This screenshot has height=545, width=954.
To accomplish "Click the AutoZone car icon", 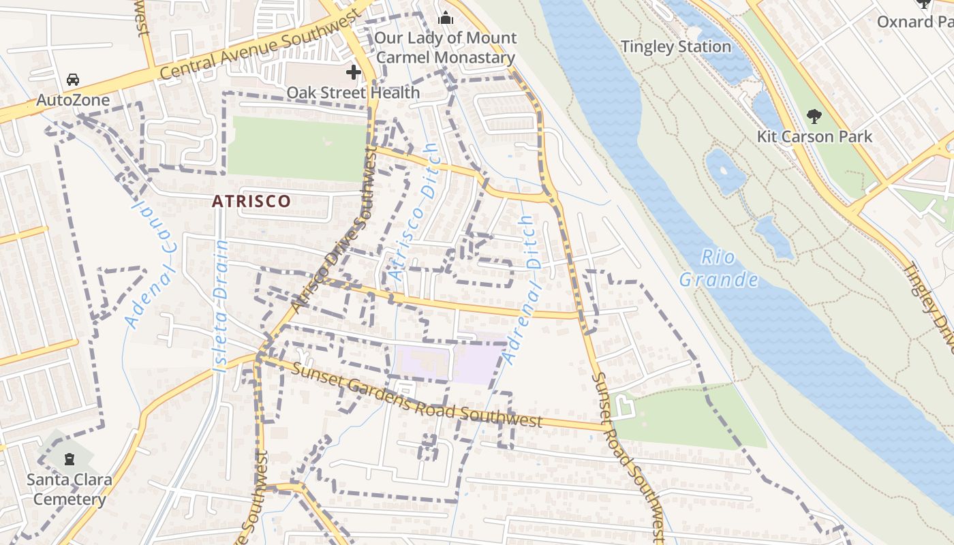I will [73, 80].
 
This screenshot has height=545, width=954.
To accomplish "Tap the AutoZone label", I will [73, 100].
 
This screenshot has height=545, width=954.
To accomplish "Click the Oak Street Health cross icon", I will [353, 72].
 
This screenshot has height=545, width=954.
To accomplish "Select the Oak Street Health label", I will [353, 92].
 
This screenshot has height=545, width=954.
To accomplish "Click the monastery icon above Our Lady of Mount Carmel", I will [446, 18].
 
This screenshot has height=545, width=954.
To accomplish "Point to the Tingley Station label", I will [676, 47].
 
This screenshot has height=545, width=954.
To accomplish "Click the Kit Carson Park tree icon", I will [814, 116].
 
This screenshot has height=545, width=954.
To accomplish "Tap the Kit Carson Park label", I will [814, 136].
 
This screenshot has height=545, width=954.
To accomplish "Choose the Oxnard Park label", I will [914, 22].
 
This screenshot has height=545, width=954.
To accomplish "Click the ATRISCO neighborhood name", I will [251, 201].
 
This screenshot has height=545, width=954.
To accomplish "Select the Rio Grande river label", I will [719, 268].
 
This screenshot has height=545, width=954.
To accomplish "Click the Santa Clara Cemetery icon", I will [69, 458].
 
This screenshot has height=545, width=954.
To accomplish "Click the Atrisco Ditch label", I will [413, 212].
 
